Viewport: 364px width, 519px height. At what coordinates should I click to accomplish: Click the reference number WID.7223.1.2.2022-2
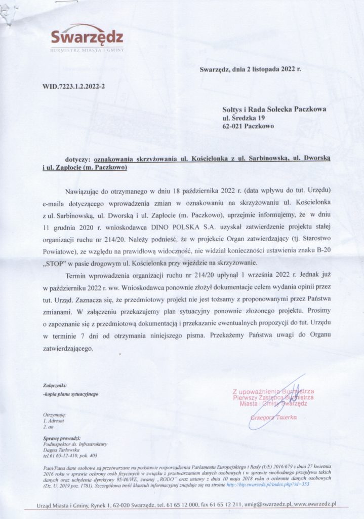[73, 86]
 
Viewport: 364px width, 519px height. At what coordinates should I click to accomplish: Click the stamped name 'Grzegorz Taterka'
[273, 416]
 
